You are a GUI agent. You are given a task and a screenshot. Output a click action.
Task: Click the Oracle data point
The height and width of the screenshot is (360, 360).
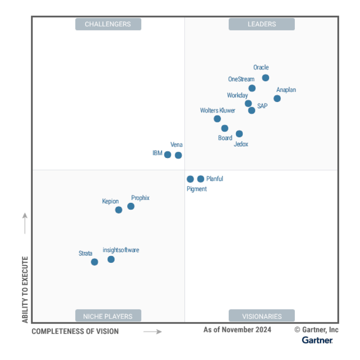265,78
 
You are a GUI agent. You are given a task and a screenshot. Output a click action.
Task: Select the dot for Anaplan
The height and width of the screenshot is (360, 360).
277,98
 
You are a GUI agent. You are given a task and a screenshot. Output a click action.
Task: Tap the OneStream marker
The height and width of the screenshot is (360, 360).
252,88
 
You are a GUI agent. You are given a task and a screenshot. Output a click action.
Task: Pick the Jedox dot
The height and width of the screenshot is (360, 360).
239,134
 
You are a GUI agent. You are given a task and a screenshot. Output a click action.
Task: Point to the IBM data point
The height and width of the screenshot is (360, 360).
168,155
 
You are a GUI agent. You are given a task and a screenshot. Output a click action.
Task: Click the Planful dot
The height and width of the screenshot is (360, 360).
201,179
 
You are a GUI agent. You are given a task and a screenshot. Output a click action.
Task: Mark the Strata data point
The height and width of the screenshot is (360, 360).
94,262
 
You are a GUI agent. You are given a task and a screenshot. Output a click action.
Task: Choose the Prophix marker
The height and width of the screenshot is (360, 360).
131,206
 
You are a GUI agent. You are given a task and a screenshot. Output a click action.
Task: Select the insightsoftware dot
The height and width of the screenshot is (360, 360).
111,259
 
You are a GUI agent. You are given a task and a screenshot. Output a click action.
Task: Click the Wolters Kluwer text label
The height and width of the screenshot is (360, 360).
218,110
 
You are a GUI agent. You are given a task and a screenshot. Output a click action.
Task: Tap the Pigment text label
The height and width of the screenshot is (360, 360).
197,189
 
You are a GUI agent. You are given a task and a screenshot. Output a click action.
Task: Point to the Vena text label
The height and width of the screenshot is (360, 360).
176,144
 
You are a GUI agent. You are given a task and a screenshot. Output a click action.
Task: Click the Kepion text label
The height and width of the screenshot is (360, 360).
110,201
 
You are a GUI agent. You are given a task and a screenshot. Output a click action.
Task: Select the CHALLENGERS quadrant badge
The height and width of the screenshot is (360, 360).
108,24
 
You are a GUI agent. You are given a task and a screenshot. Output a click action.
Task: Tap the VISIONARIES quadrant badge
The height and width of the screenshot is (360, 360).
262,316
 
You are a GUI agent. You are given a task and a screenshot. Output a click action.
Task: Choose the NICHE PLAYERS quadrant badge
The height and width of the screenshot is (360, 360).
108,316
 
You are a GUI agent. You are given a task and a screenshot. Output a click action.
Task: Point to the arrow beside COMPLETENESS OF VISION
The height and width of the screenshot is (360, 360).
152,331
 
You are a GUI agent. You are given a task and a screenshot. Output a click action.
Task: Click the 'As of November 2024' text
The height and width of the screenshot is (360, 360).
237,330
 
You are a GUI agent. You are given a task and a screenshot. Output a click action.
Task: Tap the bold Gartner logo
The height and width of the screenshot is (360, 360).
317,340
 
